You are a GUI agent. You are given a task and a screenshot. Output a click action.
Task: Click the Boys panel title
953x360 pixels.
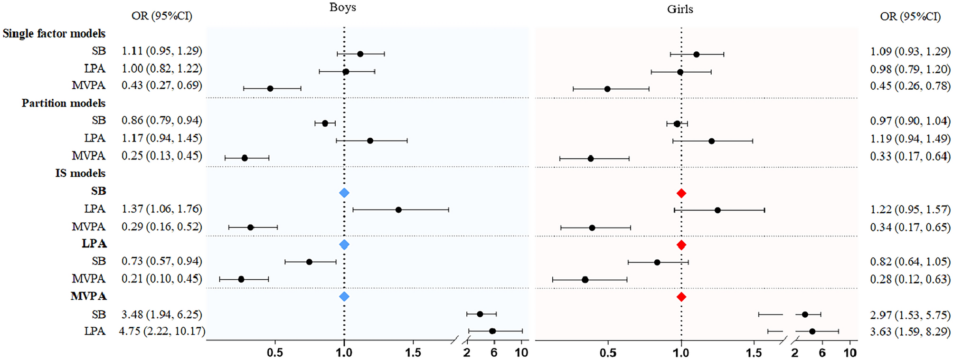[x=342, y=8]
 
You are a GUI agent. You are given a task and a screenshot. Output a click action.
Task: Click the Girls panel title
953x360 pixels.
[x=680, y=9]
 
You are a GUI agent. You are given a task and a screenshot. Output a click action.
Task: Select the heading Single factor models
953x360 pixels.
[x=54, y=34]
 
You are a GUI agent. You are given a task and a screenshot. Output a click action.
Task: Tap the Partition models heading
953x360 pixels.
[x=63, y=103]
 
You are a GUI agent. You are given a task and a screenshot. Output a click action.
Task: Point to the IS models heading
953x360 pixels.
[x=80, y=173]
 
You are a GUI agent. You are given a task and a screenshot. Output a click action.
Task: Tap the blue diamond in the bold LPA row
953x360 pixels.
[x=344, y=245]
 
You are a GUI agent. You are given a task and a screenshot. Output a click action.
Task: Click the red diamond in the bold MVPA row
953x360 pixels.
[x=681, y=297]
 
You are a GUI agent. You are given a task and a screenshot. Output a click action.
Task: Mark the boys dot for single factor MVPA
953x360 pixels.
[x=270, y=88]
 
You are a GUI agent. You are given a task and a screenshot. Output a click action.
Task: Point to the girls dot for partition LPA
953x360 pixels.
[x=711, y=141]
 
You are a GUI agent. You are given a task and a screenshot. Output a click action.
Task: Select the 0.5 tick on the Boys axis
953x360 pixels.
[x=275, y=353]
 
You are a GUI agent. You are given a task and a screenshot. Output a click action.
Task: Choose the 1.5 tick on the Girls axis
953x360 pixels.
[x=754, y=353]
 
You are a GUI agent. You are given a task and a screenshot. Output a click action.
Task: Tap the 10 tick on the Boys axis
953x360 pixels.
[x=521, y=353]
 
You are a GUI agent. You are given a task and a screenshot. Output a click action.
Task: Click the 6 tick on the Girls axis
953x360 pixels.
[x=822, y=353]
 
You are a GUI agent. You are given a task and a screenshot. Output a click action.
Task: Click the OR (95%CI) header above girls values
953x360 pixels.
[x=910, y=16]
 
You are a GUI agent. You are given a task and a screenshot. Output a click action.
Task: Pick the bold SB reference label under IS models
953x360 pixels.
[x=98, y=191]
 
